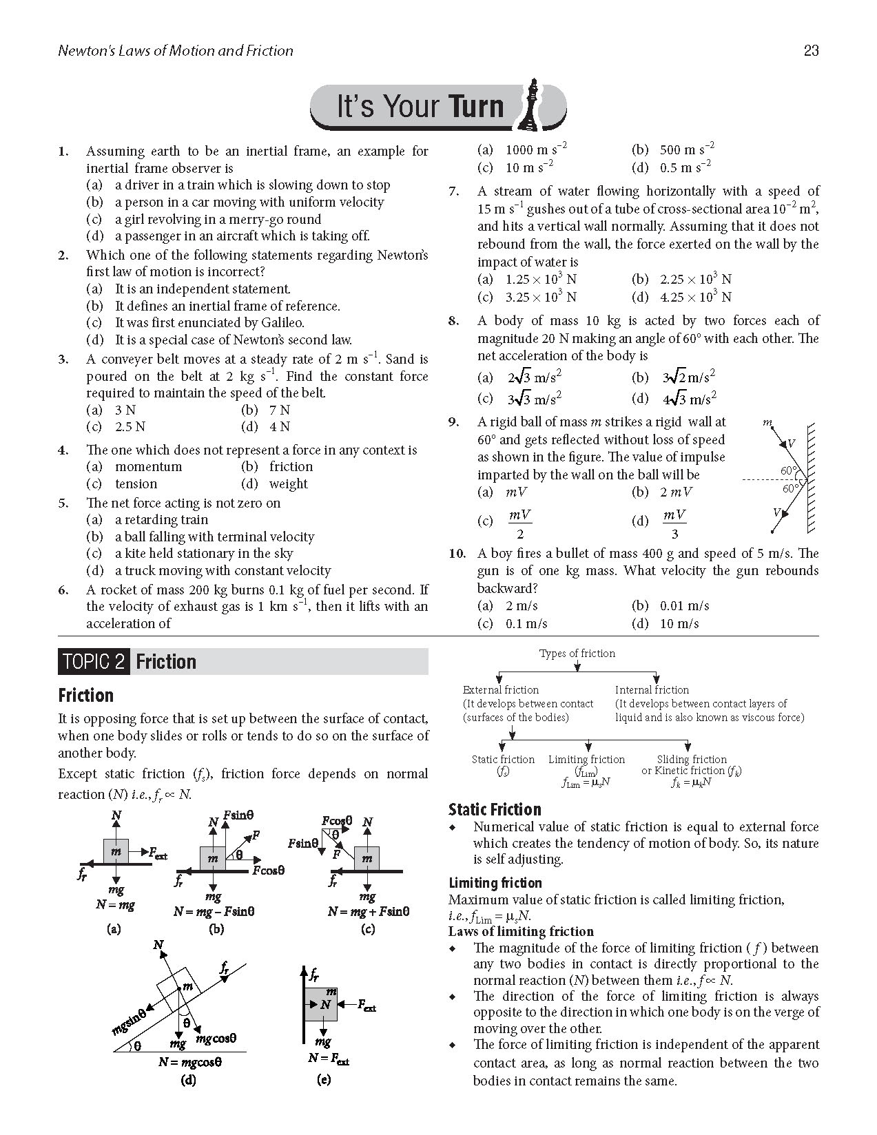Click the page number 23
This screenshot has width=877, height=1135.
810,50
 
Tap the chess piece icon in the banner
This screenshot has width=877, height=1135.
532,105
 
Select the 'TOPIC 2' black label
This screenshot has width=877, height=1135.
94,662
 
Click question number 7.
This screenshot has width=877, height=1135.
453,191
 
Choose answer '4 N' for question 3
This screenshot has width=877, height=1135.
279,426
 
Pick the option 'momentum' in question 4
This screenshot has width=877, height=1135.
148,466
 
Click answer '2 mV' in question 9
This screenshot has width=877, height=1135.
676,492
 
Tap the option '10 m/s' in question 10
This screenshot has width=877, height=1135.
679,623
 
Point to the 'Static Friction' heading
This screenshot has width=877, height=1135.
494,809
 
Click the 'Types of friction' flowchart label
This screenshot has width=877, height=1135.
577,653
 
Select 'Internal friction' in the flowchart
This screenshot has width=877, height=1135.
651,689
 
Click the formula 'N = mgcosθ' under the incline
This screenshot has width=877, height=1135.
189,1061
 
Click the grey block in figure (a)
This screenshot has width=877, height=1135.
116,852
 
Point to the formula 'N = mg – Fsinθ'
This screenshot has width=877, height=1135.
214,911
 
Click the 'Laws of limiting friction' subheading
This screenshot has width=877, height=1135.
520,931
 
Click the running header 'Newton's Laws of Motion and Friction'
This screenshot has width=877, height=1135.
176,50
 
